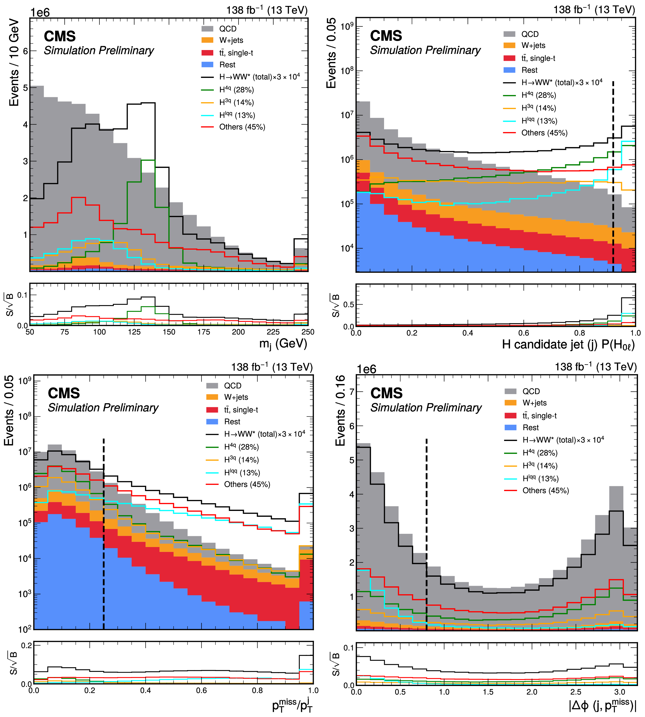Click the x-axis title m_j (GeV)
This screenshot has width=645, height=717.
pyautogui.click(x=283, y=344)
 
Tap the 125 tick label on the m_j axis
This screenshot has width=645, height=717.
pyautogui.click(x=134, y=332)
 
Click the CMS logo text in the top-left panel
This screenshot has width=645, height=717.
pyautogui.click(x=60, y=36)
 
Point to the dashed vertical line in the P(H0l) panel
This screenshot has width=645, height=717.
pyautogui.click(x=613, y=177)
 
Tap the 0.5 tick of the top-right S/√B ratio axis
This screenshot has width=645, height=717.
pyautogui.click(x=349, y=304)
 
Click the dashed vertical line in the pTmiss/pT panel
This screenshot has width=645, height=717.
pyautogui.click(x=104, y=532)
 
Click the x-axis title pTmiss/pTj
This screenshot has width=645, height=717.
pyautogui.click(x=292, y=705)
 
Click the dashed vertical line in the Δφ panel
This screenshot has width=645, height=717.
pyautogui.click(x=426, y=532)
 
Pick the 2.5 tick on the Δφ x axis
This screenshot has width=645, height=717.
pyautogui.click(x=575, y=692)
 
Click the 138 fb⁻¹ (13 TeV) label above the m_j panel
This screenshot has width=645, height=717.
pyautogui.click(x=267, y=10)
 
